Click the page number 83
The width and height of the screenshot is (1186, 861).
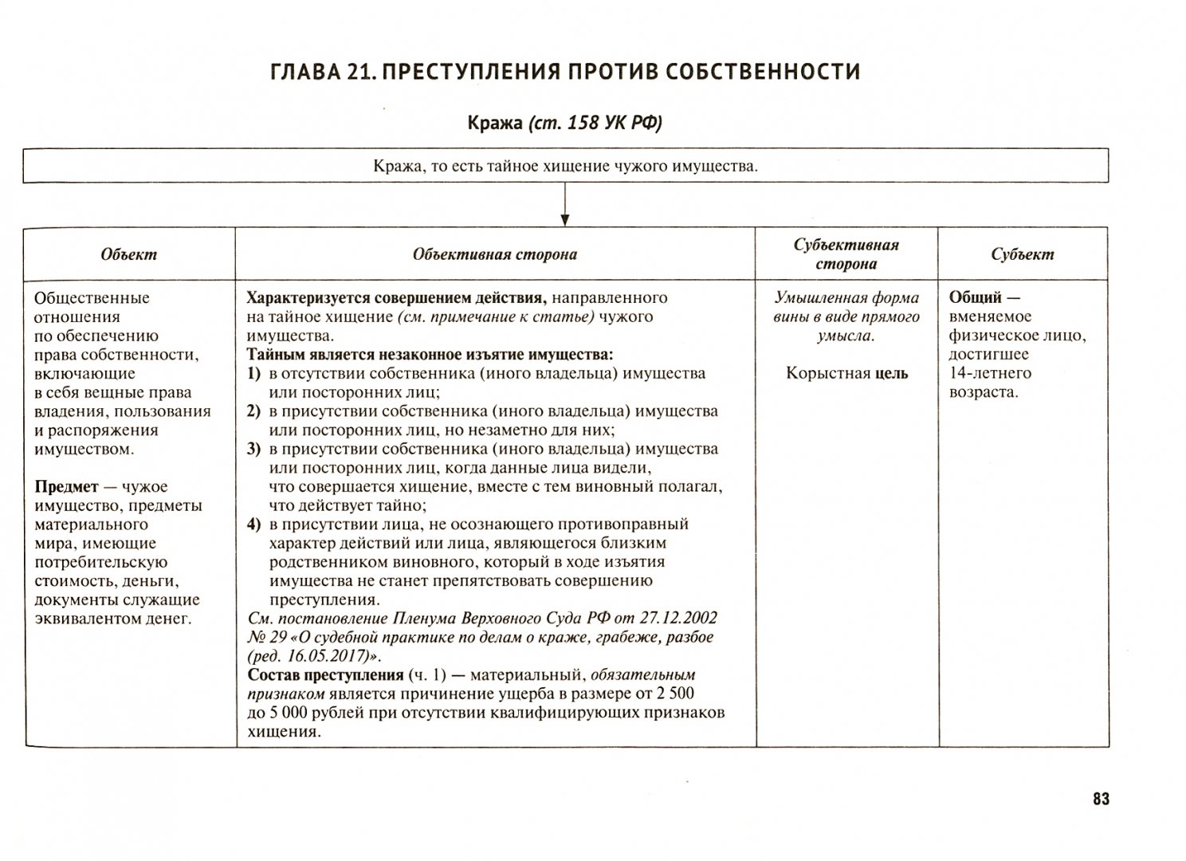tap(1101, 800)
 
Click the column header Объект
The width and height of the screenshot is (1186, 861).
tap(129, 255)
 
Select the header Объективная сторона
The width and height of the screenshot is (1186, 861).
tap(495, 255)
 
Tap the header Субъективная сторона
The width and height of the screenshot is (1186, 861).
tap(846, 254)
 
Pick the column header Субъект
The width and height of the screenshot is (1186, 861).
tap(1023, 255)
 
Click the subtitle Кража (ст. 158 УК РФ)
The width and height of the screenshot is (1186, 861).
tap(564, 123)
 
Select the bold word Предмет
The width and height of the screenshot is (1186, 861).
tap(67, 487)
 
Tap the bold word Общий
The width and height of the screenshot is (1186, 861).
tap(975, 298)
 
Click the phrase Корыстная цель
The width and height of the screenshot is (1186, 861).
tap(846, 373)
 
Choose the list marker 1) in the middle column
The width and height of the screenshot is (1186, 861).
tap(254, 374)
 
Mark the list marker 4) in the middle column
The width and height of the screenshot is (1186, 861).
tap(254, 525)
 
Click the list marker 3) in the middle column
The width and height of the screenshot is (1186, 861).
tap(254, 449)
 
